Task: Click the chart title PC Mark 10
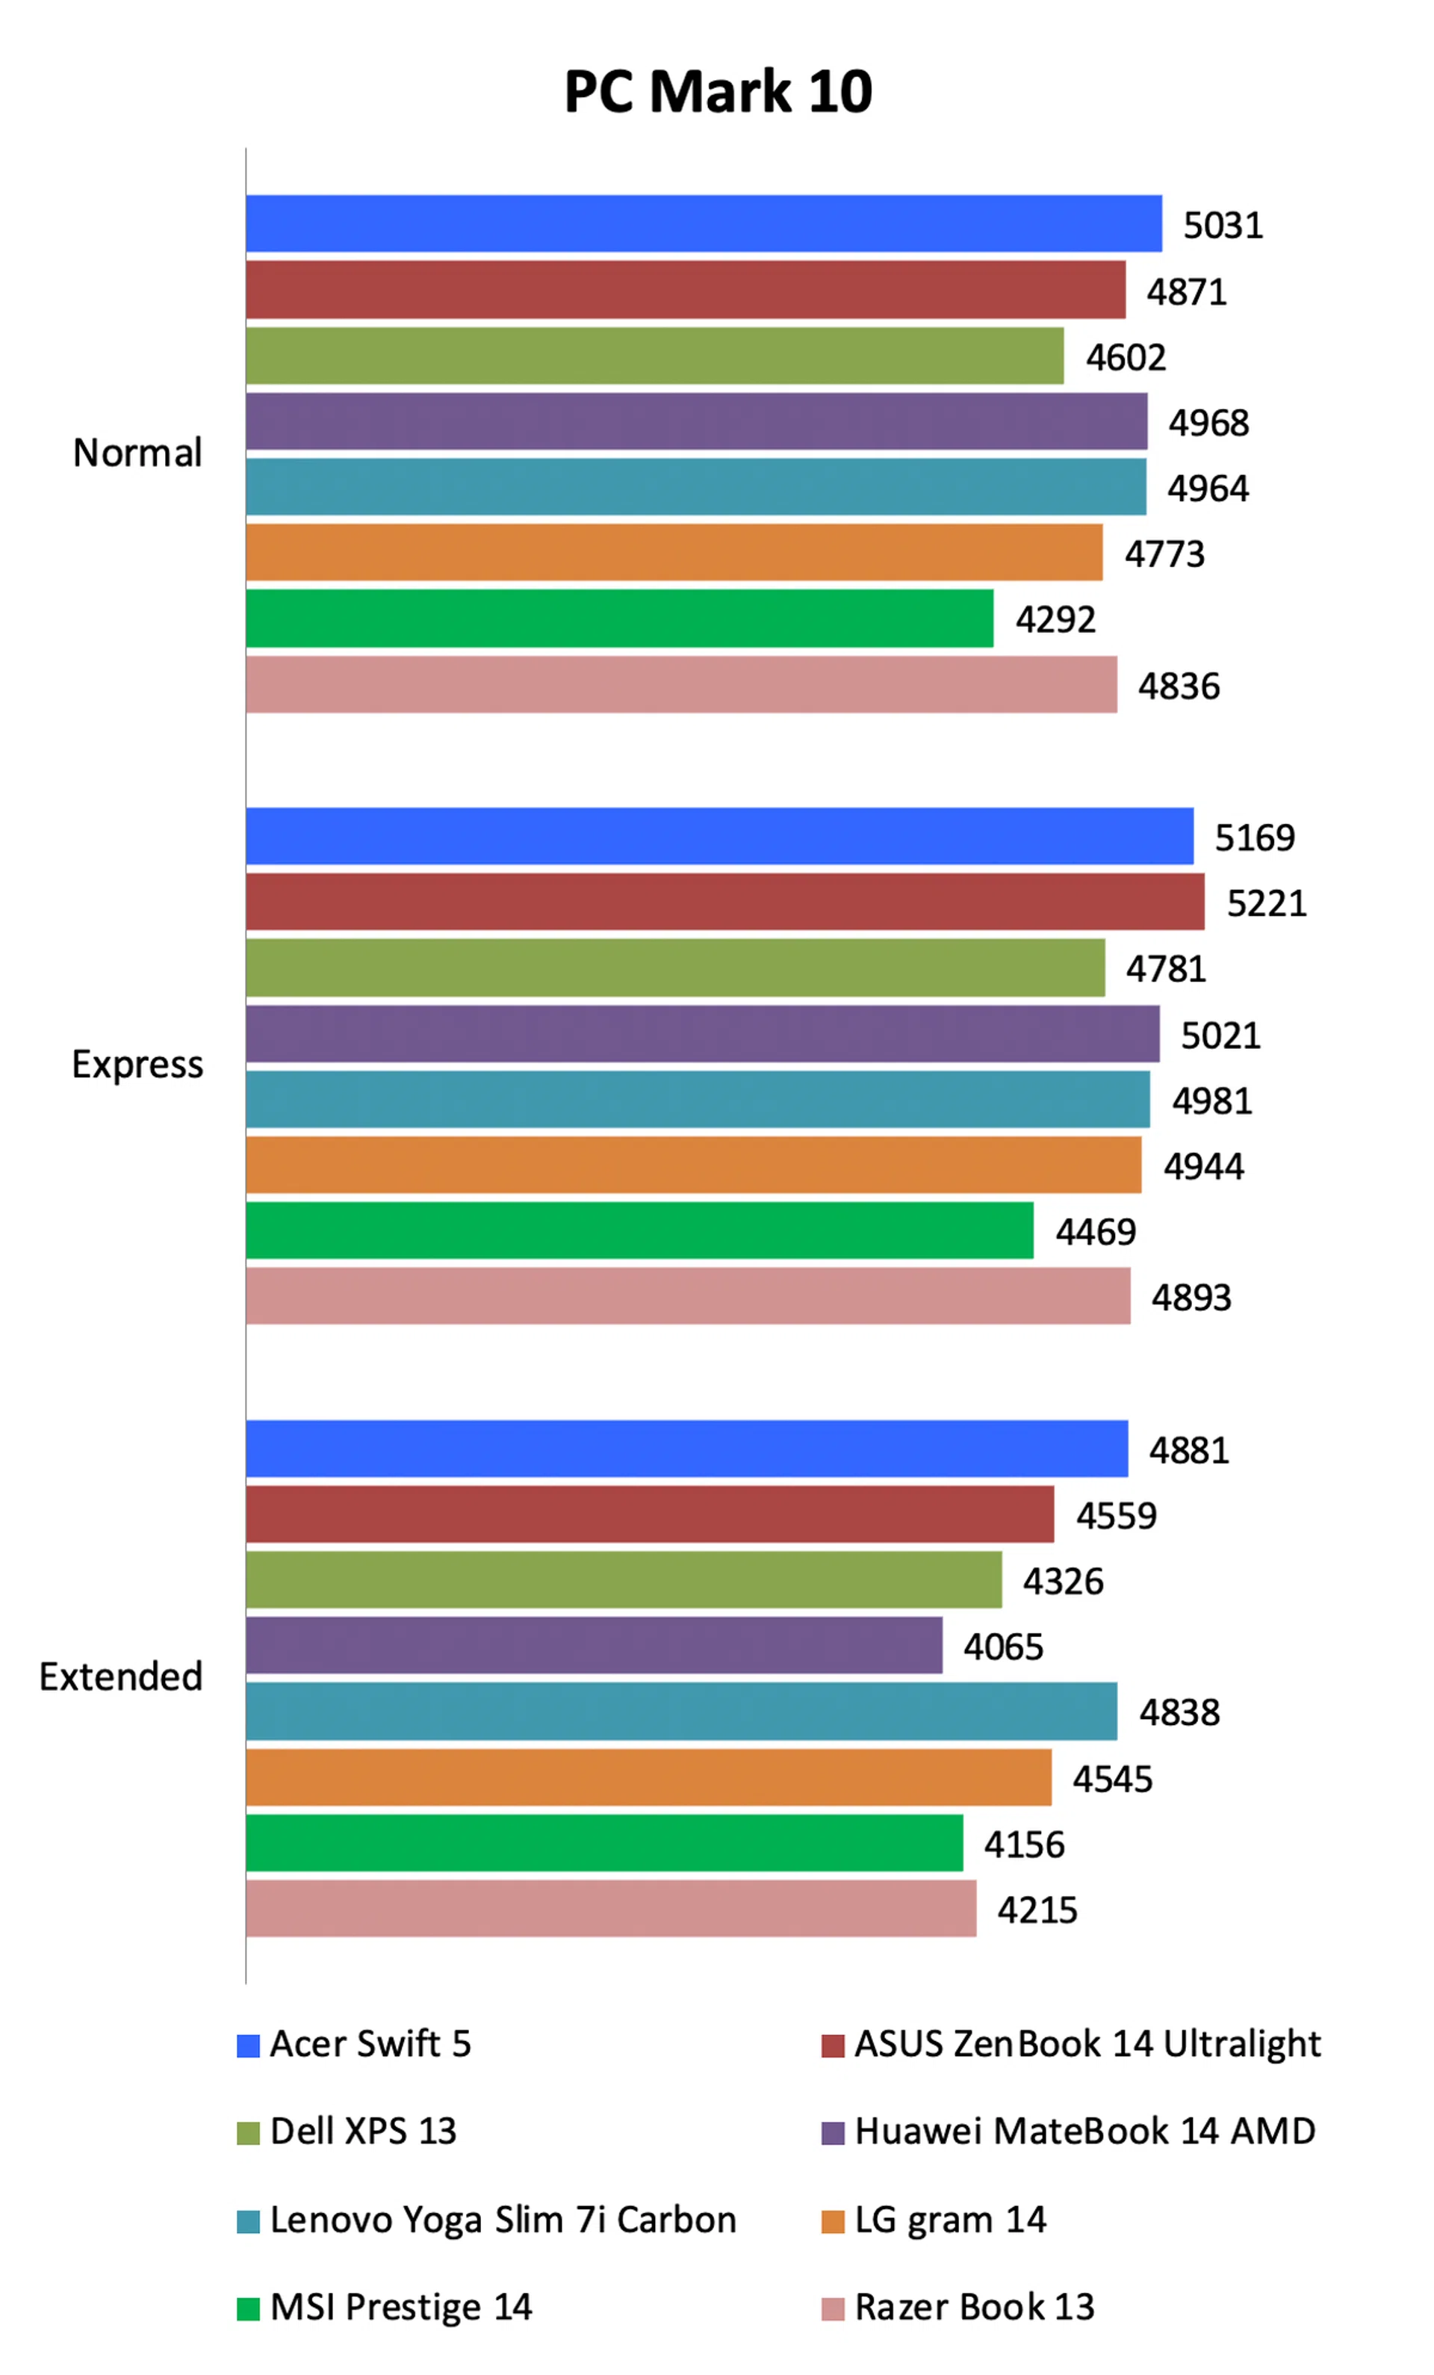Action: (717, 93)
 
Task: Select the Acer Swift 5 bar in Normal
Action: (704, 223)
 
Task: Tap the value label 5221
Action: (1265, 903)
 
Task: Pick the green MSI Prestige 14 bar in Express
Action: (639, 1230)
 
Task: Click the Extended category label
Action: (120, 1676)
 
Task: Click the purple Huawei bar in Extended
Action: (594, 1645)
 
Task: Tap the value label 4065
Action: (1002, 1647)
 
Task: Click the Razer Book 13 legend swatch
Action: (833, 2309)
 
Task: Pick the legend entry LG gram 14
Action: (949, 2219)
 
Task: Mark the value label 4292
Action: (1055, 620)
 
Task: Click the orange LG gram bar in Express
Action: (693, 1165)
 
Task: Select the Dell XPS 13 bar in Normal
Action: (654, 356)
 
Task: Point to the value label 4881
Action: (1188, 1449)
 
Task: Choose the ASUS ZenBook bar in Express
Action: (724, 902)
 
